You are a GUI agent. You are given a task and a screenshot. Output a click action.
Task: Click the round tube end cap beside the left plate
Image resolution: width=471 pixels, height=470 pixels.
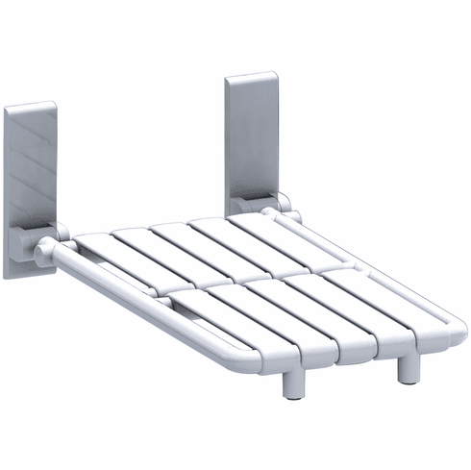[x=42, y=256]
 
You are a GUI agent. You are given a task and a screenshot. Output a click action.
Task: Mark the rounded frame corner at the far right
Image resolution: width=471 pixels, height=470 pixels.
[x=452, y=322]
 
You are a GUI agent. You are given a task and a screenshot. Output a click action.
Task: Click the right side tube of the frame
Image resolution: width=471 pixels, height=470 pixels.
[x=375, y=260]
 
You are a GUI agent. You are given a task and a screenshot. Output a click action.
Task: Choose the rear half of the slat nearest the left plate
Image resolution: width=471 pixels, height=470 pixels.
[x=111, y=255]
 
